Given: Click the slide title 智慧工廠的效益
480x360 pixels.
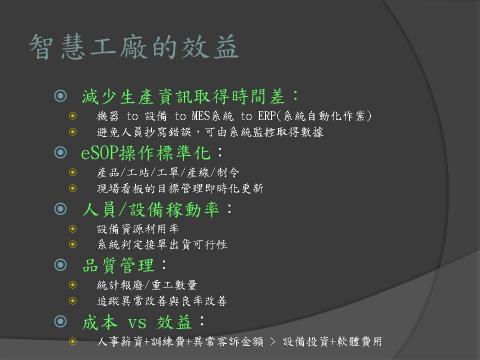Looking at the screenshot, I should tap(134, 46).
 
